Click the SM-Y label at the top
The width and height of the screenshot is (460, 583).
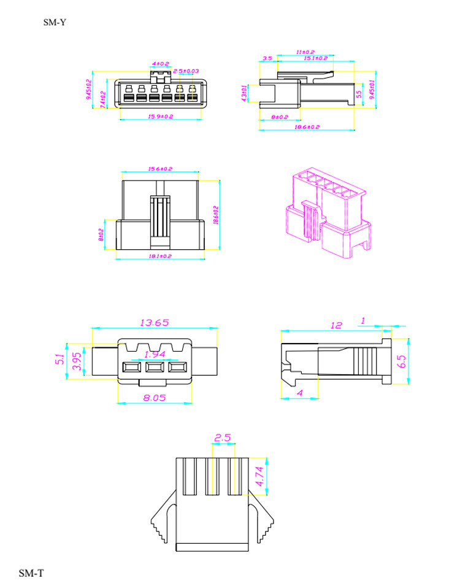[55, 23]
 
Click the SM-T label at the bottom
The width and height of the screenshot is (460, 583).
[31, 573]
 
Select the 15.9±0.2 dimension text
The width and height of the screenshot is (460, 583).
[161, 116]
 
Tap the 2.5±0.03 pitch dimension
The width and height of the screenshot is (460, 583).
[186, 72]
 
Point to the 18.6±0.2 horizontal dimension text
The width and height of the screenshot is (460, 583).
[307, 126]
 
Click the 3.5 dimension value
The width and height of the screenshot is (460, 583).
[267, 59]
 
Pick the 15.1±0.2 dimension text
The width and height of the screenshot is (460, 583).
[316, 58]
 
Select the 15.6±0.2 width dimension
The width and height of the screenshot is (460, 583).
[160, 169]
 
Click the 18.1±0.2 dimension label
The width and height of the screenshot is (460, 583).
[160, 255]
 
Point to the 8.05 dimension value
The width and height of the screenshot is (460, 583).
[155, 397]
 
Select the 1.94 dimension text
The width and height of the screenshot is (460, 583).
[155, 355]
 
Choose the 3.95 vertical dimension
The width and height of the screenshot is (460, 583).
[77, 361]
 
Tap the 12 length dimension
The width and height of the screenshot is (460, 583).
[335, 325]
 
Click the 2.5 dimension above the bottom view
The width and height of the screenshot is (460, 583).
[222, 438]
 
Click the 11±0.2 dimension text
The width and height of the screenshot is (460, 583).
[305, 52]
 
